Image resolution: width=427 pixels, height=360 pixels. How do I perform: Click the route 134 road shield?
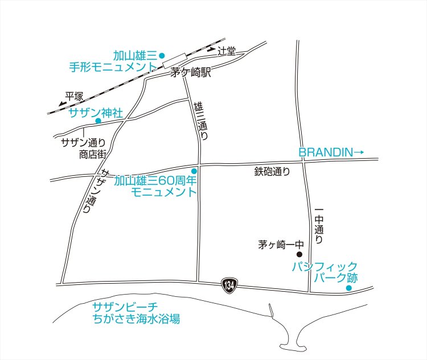[229, 284]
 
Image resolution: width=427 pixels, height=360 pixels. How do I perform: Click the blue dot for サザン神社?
[98, 121]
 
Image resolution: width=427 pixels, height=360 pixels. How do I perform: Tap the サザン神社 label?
[95, 112]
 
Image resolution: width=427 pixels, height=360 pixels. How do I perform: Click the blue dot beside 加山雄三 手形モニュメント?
[162, 55]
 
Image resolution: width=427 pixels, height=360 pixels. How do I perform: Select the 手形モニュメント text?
[112, 67]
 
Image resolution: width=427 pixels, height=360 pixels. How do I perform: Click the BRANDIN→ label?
[331, 152]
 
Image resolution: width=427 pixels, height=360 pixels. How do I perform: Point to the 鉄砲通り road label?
[272, 171]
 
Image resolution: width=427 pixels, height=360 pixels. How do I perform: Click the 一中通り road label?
[319, 227]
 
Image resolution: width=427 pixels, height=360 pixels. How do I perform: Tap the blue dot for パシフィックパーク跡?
[349, 288]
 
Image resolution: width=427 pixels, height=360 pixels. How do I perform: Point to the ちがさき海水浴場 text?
[139, 319]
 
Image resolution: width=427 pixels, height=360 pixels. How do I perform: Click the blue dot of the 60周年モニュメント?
[194, 171]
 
